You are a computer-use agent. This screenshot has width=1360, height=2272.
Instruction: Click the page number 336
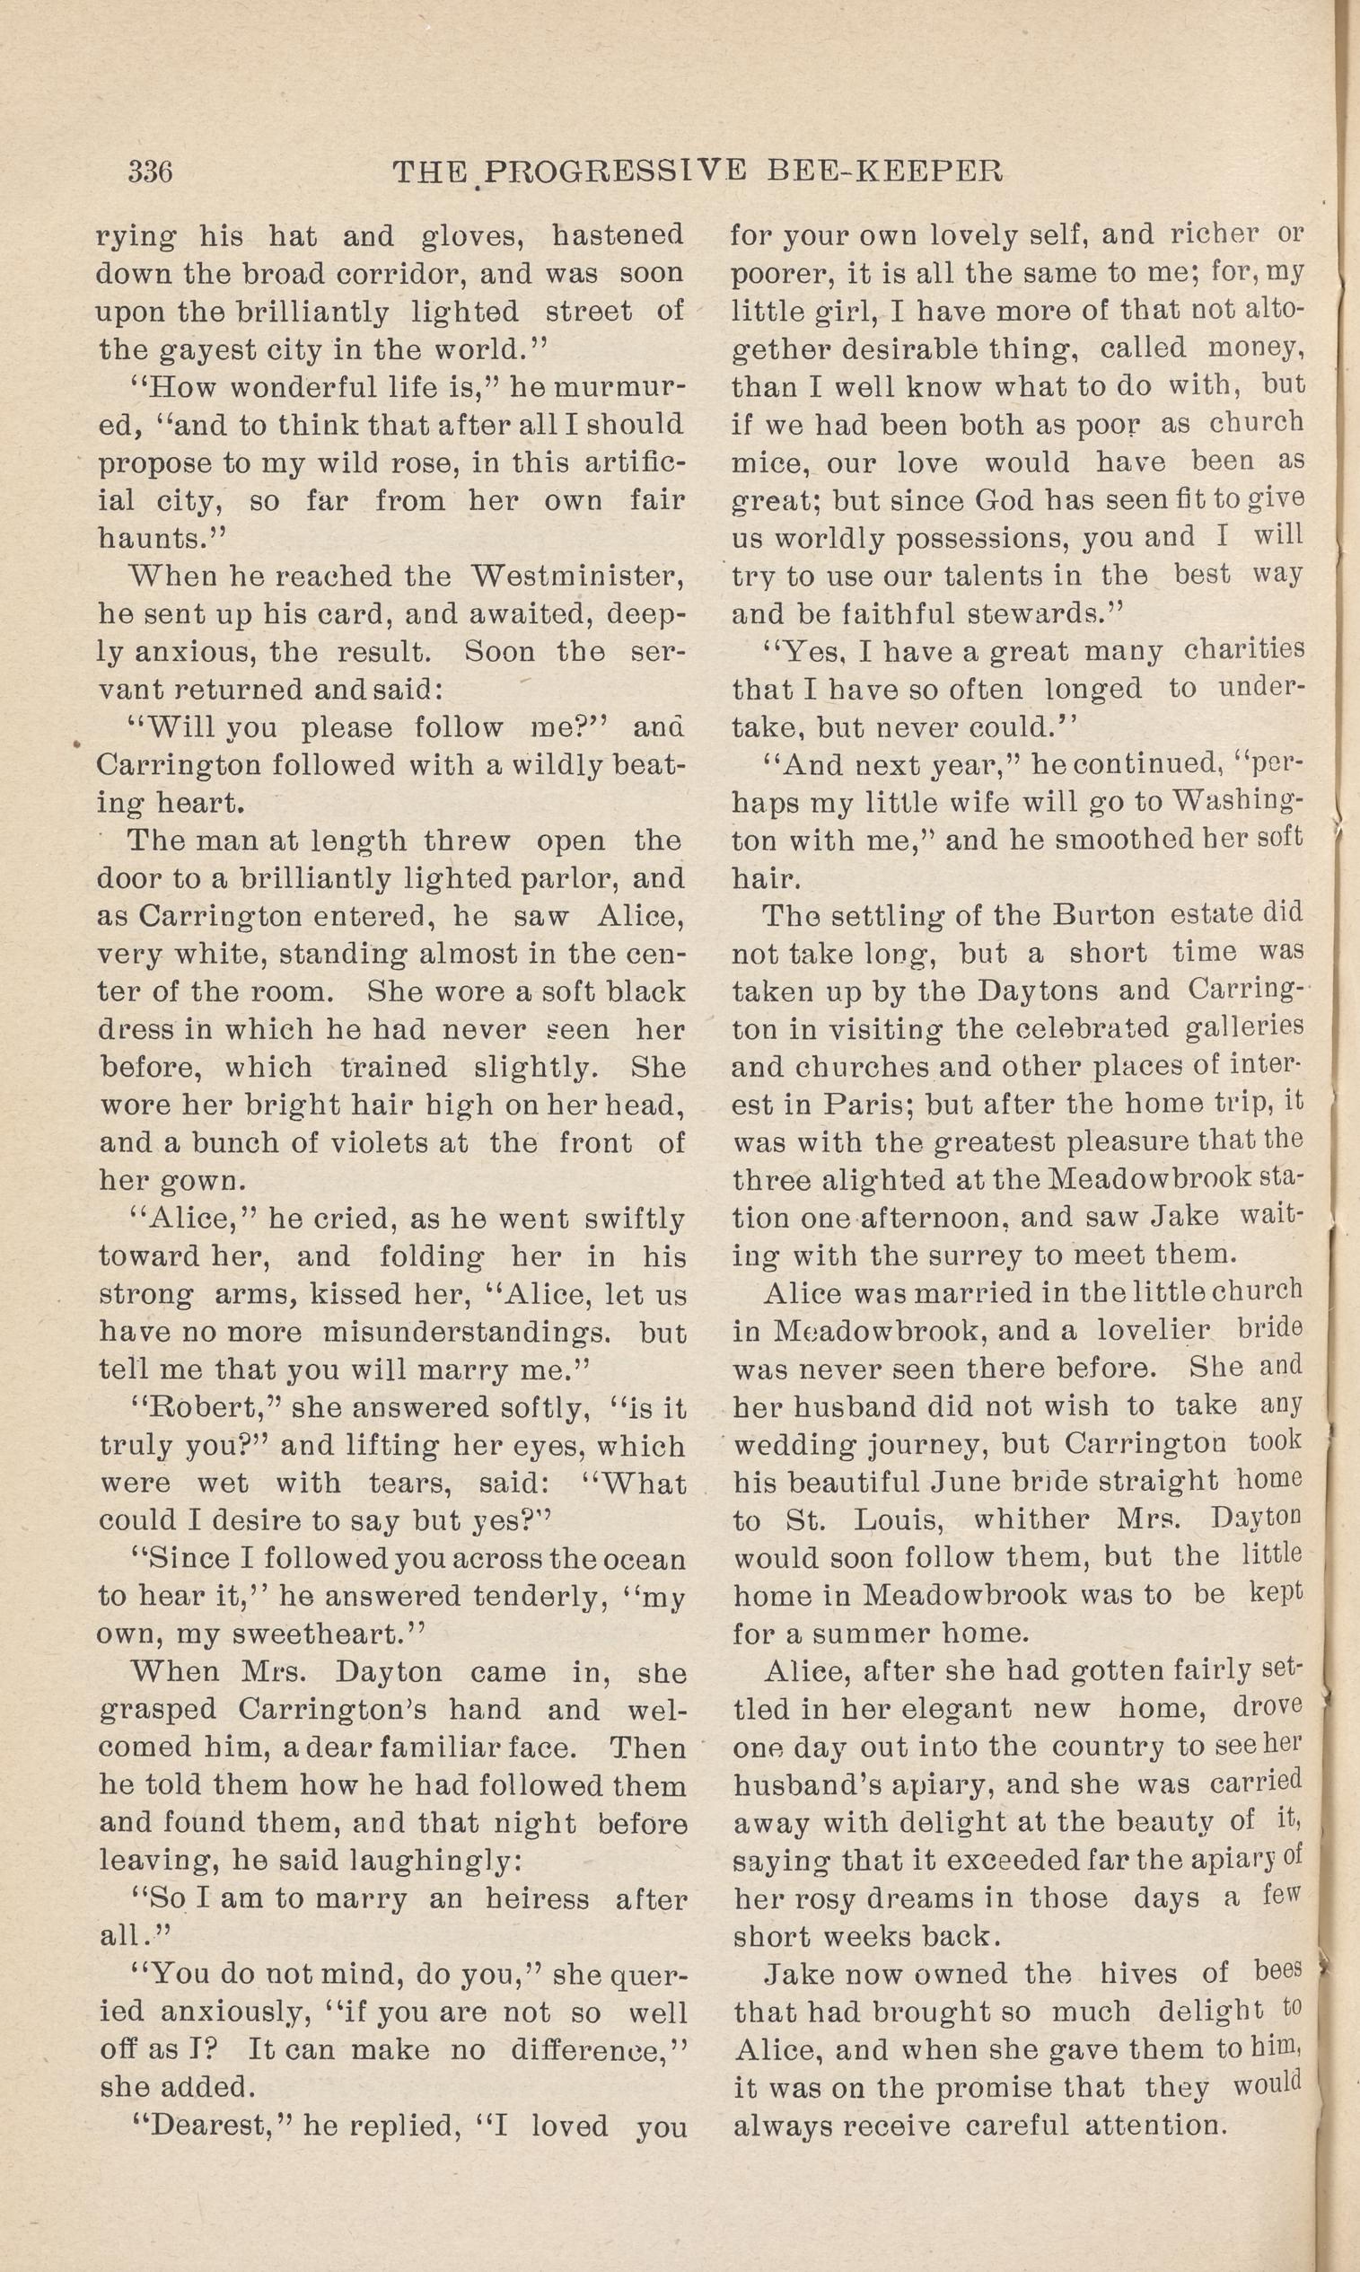tap(151, 172)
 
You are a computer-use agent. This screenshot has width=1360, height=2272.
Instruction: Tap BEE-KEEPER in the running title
tap(877, 172)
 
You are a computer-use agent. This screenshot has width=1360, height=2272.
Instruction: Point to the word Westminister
tap(577, 577)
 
